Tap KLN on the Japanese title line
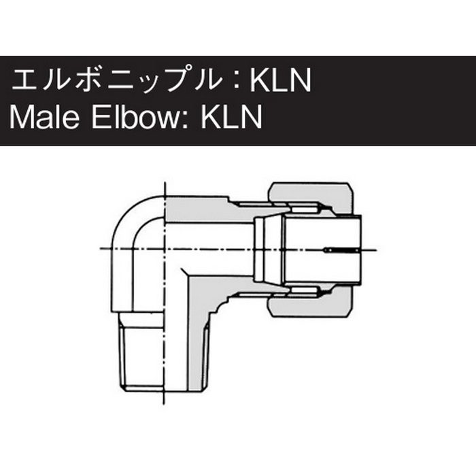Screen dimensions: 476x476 [280, 82]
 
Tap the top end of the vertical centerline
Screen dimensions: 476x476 [165, 182]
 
